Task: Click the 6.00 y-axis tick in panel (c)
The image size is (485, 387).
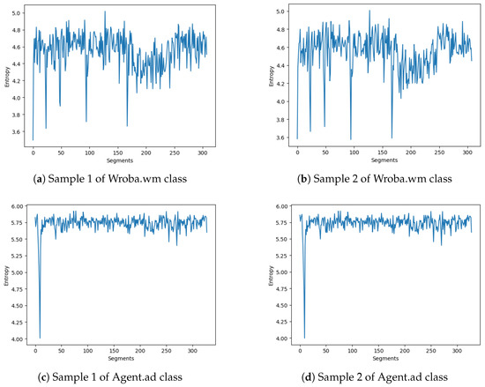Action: (x=15, y=206)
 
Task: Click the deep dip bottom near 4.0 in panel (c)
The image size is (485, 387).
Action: (x=40, y=337)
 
